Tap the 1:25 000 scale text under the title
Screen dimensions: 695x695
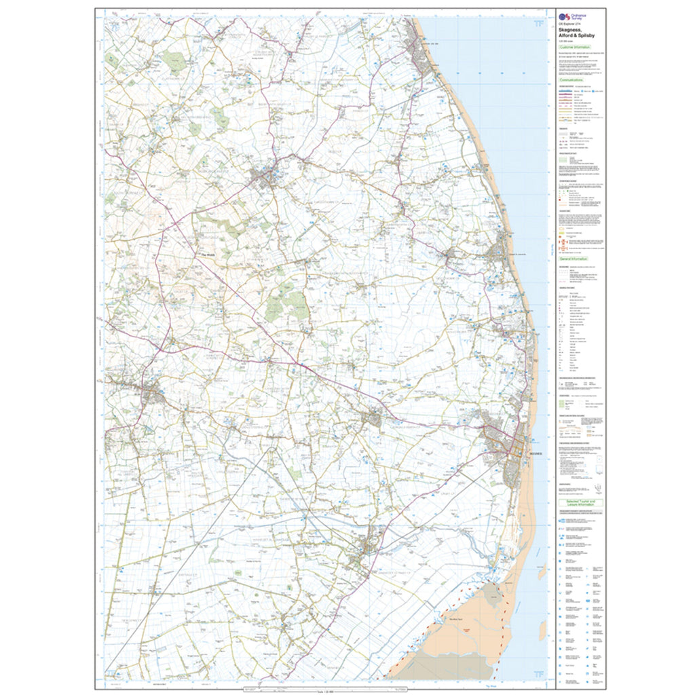[565, 42]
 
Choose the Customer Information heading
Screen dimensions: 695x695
[574, 48]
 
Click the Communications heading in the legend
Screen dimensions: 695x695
[572, 80]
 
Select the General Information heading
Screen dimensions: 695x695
[574, 259]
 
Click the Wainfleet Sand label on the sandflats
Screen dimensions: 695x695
[456, 618]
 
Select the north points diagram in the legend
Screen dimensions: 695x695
[597, 489]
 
